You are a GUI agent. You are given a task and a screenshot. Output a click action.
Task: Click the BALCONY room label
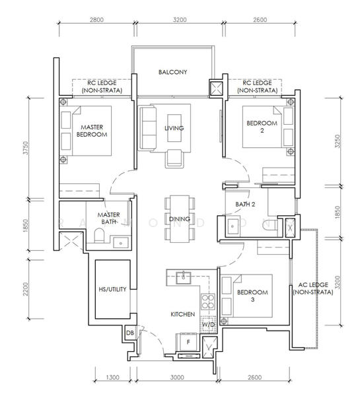coord(172,72)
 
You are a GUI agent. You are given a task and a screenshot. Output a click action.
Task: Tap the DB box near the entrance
coord(129,333)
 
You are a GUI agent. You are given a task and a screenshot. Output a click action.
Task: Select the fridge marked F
coord(188,342)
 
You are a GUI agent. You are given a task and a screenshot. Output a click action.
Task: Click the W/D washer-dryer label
coord(209,324)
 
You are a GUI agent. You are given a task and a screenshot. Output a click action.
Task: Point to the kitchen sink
coord(183,277)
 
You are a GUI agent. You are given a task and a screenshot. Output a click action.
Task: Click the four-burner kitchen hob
coord(208,302)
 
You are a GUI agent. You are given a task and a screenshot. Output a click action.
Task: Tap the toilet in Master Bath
coord(99,236)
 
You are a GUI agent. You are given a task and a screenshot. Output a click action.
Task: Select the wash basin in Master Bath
coord(121,243)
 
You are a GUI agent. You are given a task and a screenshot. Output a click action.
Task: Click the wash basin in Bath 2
coord(232,226)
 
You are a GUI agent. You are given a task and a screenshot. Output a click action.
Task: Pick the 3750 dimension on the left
coord(26,148)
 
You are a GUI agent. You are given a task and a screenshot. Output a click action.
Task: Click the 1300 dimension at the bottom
coord(112,378)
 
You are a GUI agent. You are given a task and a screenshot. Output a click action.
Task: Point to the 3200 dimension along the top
coord(180,20)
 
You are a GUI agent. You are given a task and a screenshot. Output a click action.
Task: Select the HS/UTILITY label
coord(112,289)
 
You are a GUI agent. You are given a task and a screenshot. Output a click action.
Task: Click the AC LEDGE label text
coord(313,288)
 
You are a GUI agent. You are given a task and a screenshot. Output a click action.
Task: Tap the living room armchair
coord(174,158)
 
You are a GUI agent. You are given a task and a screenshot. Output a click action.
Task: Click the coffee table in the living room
coord(174,128)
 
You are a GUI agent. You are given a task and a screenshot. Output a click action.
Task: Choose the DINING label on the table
coord(180,219)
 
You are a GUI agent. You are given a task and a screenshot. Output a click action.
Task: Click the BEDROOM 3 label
coord(252,296)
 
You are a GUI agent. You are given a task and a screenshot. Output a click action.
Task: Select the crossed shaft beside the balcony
coord(217,88)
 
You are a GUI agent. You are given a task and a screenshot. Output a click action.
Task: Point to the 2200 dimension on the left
coord(26,289)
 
